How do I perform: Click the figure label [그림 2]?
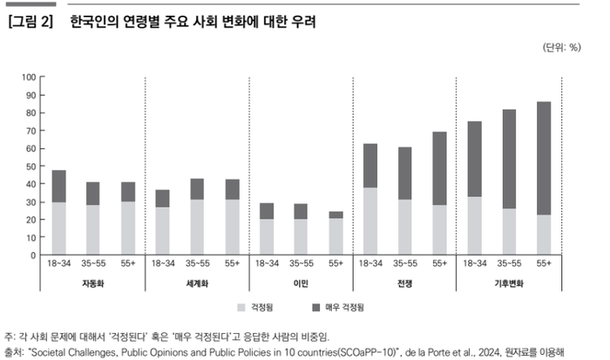click(x=31, y=18)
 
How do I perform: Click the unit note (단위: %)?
click(x=562, y=48)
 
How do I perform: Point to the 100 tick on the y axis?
click(x=28, y=76)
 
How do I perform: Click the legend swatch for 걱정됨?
click(x=242, y=309)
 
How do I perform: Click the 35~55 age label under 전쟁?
click(x=405, y=265)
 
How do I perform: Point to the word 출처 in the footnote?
click(x=15, y=353)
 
